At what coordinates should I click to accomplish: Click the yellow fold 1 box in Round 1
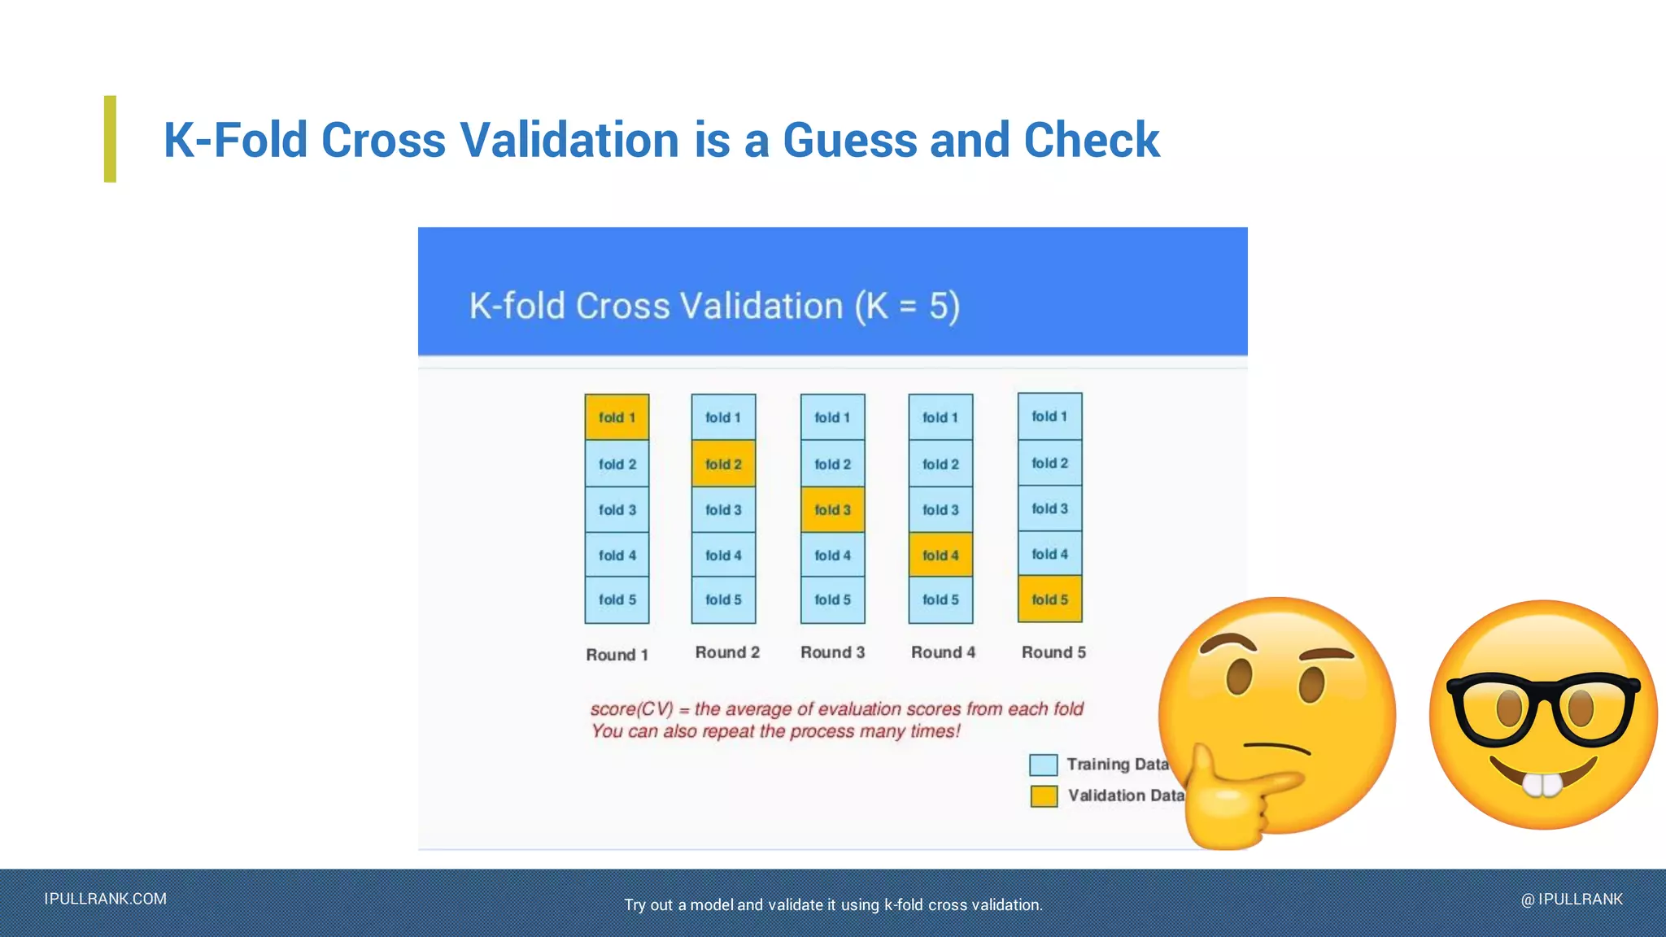(x=617, y=417)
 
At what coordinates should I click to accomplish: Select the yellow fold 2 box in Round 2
(x=723, y=464)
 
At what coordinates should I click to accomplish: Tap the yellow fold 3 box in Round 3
(x=832, y=510)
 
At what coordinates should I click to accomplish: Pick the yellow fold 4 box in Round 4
(x=940, y=556)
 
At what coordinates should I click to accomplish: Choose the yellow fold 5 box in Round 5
(x=1049, y=599)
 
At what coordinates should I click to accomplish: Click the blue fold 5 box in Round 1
(x=617, y=600)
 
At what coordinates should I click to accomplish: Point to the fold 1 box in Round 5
(x=1049, y=416)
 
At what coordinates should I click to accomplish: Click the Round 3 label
(x=832, y=652)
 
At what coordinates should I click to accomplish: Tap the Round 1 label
(x=617, y=655)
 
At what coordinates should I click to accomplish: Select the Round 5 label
(x=1053, y=652)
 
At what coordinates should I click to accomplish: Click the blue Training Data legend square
(x=1043, y=765)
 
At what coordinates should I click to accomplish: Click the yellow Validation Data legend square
(x=1043, y=795)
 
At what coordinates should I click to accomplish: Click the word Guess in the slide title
(x=849, y=140)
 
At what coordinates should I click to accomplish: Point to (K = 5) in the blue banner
(x=906, y=307)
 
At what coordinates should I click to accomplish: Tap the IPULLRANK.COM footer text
(x=106, y=899)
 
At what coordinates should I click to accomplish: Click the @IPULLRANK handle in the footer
(x=1572, y=899)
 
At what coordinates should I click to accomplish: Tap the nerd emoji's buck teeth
(x=1542, y=784)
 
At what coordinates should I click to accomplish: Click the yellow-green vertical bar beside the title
(x=110, y=139)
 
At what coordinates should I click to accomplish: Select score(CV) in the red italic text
(x=631, y=709)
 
